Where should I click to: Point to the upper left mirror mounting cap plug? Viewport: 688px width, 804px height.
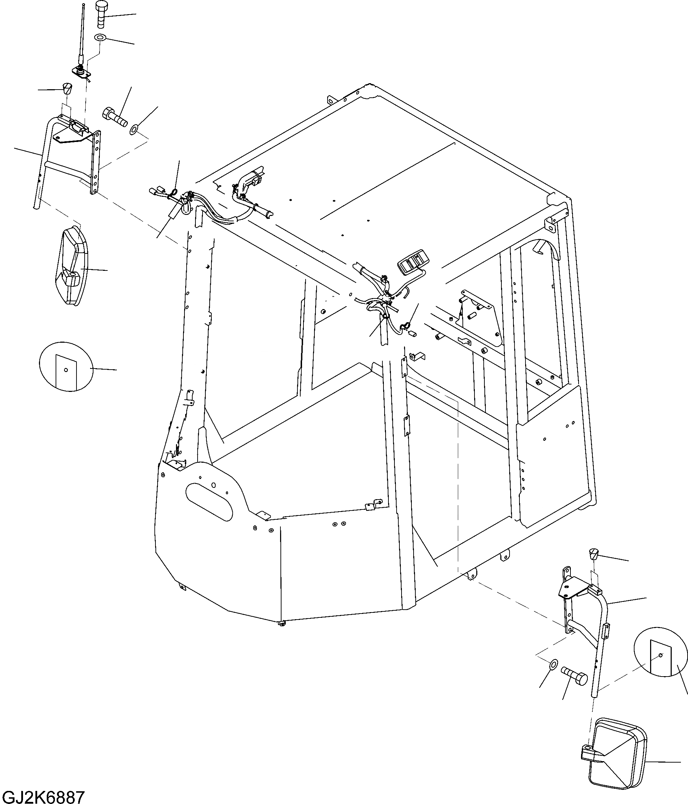(68, 89)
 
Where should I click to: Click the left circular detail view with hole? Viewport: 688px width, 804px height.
(66, 367)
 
